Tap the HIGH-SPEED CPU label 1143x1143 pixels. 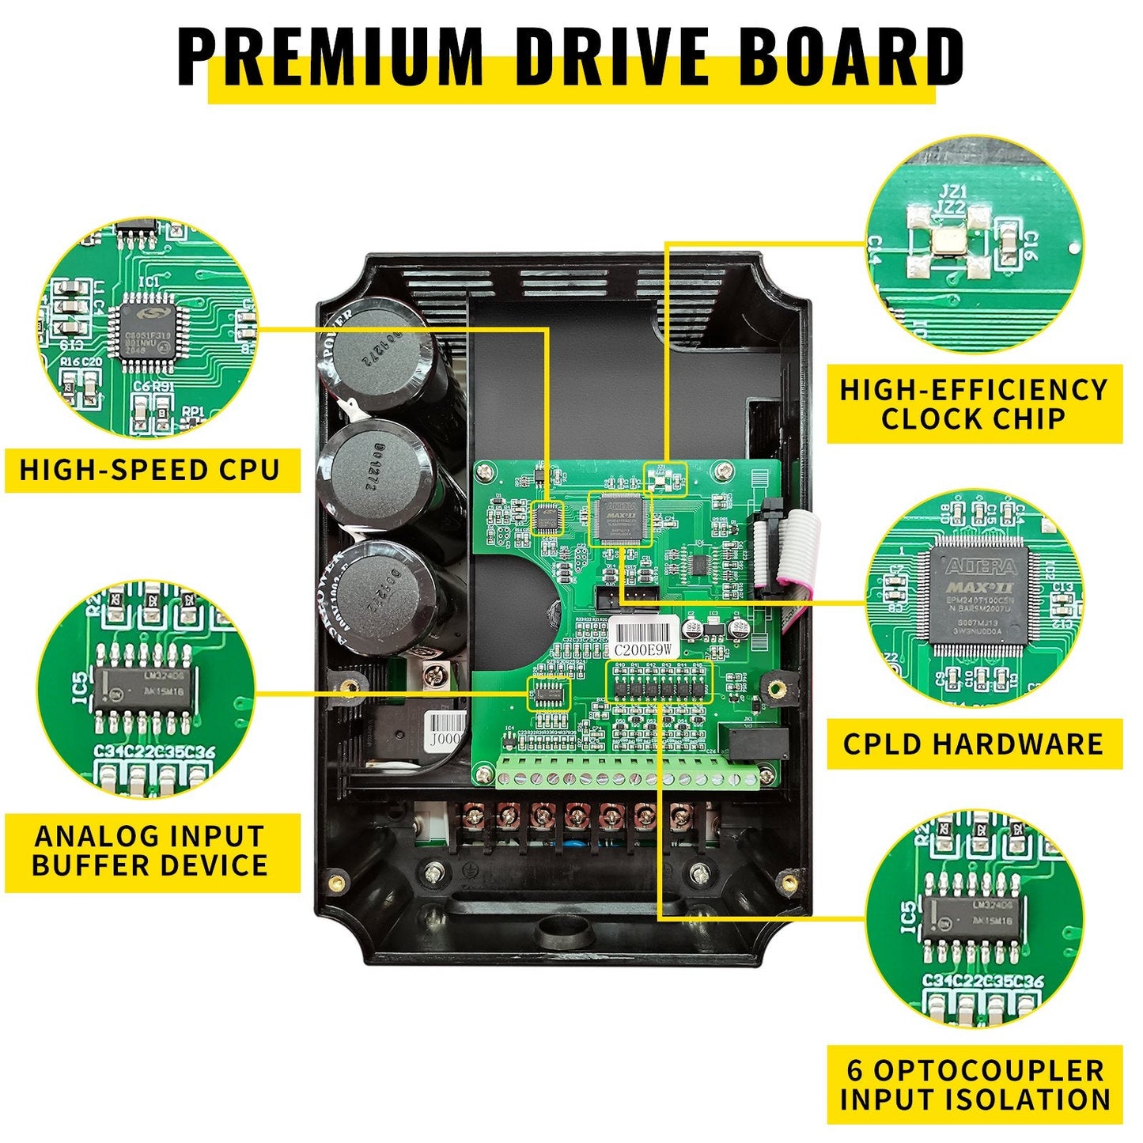[150, 470]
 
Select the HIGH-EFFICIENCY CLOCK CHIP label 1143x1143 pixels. [974, 403]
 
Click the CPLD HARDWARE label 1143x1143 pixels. [974, 744]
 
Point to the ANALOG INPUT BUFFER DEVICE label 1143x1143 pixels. [150, 851]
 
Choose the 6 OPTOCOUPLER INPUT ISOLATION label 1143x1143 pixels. [975, 1084]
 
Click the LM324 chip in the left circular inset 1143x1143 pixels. [144, 686]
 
